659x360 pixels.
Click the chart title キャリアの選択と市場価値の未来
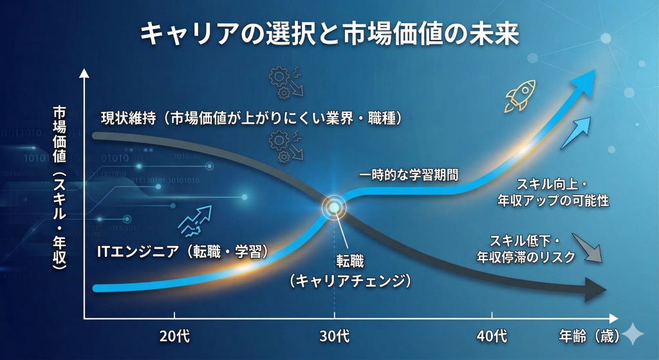coord(329,33)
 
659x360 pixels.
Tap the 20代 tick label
coord(174,336)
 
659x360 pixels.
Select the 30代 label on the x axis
coord(335,336)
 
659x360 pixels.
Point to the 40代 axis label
coord(492,336)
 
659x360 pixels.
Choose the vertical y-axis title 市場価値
coord(60,134)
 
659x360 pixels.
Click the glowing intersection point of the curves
coord(334,207)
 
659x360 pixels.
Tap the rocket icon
coord(520,96)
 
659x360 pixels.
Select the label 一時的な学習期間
coord(409,175)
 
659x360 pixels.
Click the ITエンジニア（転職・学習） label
coord(182,252)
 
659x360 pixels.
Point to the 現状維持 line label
coord(128,118)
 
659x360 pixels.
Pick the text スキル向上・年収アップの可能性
coord(553,193)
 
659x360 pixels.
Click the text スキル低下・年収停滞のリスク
coord(526,249)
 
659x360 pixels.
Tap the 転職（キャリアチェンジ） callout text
coord(350,271)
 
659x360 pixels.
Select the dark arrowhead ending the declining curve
coord(596,290)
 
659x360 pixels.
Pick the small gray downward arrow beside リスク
coord(587,248)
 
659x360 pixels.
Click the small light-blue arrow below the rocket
coord(575,133)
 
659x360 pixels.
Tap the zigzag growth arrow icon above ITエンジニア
coord(194,221)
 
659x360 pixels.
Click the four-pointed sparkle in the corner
coord(633,334)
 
